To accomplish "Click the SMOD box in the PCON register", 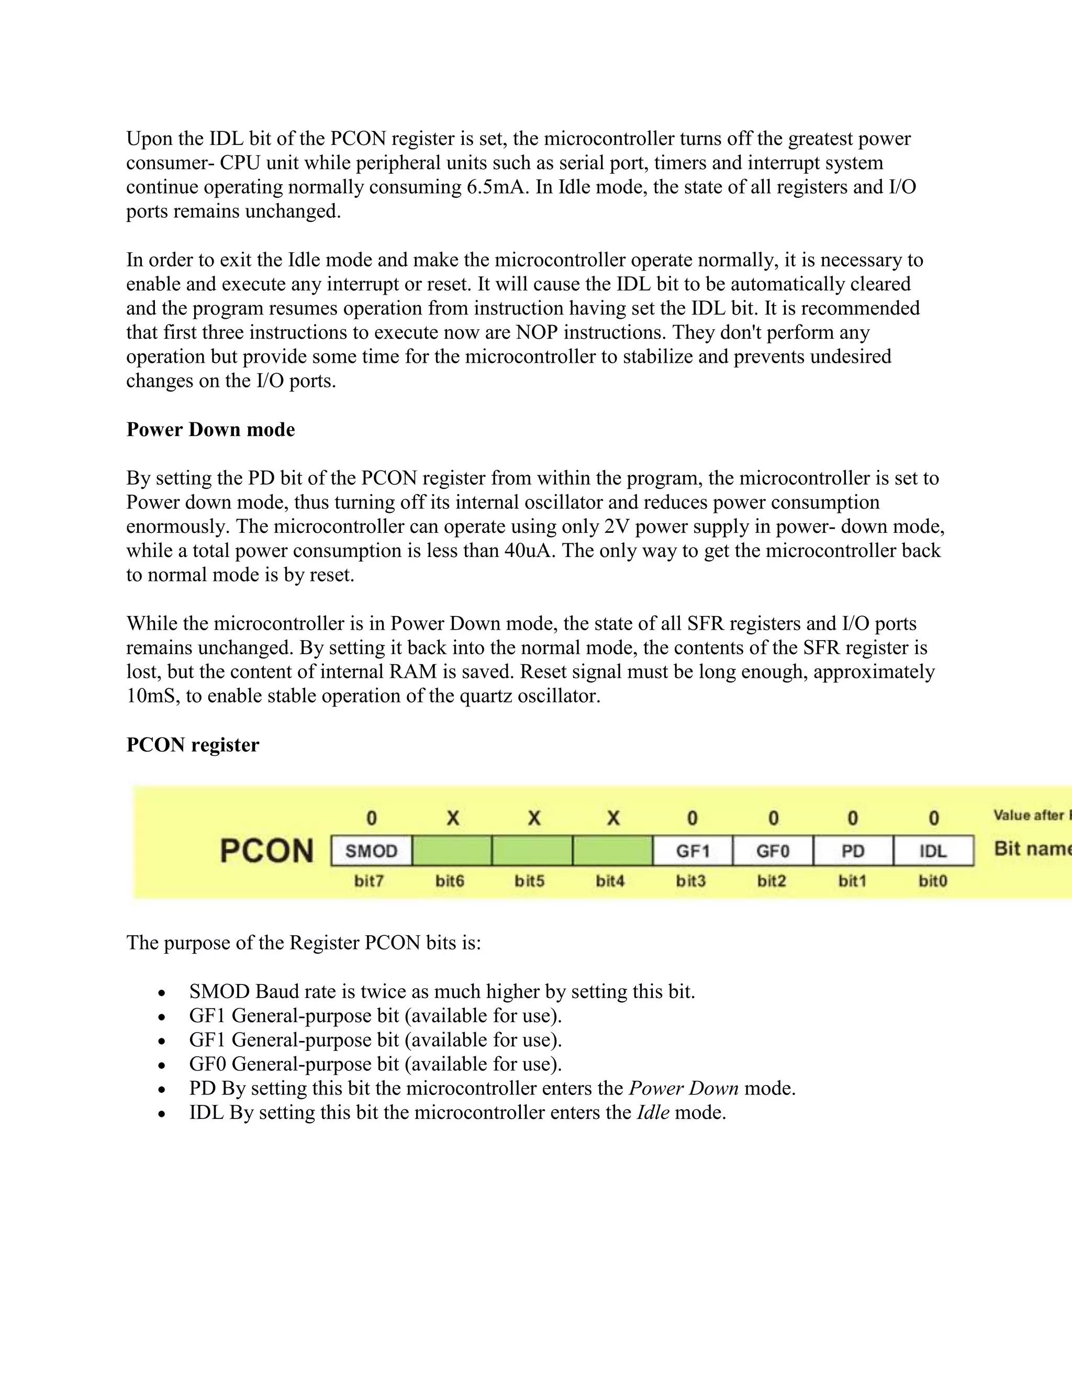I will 372,851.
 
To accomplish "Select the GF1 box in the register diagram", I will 693,851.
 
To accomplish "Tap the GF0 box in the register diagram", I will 773,851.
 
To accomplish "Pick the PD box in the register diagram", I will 853,851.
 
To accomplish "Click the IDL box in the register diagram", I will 933,851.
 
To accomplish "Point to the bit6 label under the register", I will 450,881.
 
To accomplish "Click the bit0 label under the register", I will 933,881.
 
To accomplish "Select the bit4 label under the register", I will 610,881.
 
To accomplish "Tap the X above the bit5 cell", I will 533,818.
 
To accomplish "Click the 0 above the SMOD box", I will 372,818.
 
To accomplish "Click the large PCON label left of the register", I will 267,851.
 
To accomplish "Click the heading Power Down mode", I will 210,430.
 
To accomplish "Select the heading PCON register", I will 193,745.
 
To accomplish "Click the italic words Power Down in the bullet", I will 683,1089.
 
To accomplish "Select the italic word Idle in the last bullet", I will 653,1113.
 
